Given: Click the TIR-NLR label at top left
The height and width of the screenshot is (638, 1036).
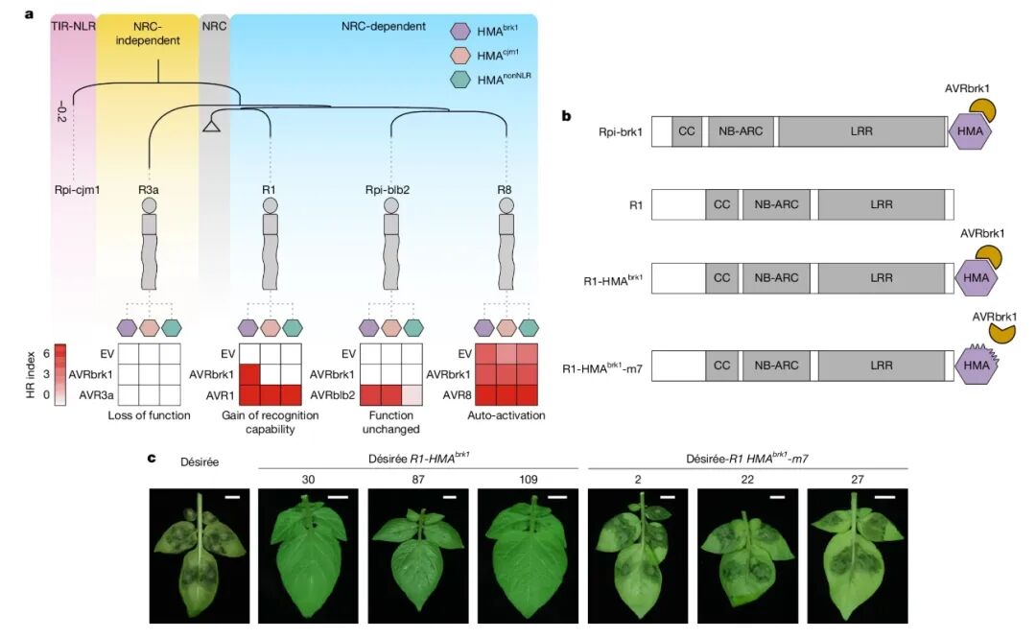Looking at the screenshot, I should (x=71, y=26).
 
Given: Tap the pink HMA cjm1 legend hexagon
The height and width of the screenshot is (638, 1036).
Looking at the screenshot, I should (x=462, y=54).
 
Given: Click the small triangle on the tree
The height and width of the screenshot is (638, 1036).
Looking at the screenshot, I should (x=214, y=126).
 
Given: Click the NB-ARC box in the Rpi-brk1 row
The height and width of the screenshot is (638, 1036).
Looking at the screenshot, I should (x=739, y=131).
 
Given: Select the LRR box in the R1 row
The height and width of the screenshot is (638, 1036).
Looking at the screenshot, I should (x=881, y=203).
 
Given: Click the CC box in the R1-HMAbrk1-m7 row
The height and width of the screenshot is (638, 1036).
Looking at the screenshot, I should (x=721, y=366).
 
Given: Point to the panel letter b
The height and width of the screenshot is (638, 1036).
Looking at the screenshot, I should (x=567, y=116).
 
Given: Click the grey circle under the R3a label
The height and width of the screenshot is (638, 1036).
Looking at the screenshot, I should (x=149, y=204).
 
